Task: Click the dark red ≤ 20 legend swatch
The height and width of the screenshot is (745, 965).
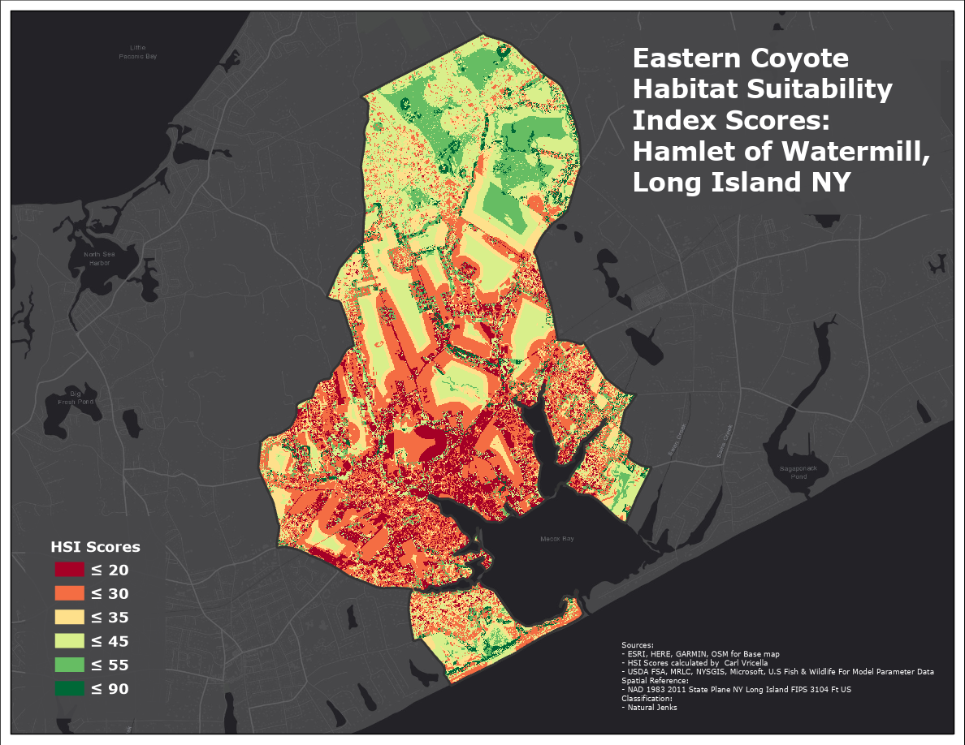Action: click(x=69, y=570)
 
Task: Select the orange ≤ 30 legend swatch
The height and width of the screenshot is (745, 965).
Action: click(x=69, y=593)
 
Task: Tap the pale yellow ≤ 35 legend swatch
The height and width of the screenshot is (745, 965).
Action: click(x=69, y=618)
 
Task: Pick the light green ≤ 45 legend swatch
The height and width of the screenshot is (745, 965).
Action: click(x=69, y=641)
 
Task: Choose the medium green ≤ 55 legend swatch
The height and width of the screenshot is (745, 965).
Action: click(x=69, y=665)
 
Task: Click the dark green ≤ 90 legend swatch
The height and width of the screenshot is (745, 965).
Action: click(x=69, y=689)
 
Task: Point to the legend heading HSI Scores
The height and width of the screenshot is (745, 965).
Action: click(x=95, y=546)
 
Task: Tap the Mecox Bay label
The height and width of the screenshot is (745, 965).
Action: click(x=557, y=539)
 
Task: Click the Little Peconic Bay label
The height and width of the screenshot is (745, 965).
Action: click(x=137, y=53)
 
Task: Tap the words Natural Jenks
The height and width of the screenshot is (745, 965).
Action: click(x=651, y=707)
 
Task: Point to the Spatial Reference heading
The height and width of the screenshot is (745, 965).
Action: click(x=655, y=681)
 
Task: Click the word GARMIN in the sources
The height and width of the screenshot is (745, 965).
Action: click(x=690, y=654)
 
